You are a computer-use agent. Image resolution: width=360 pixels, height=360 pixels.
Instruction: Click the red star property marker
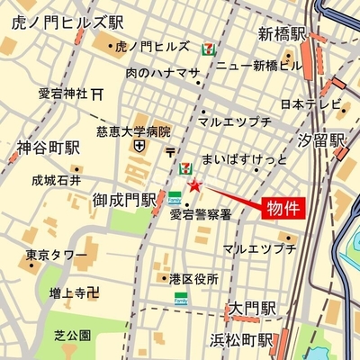tap(194, 185)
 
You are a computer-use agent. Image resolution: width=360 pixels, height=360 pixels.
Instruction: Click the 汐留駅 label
tap(322, 142)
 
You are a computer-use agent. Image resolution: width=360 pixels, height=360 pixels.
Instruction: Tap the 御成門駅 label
tap(125, 200)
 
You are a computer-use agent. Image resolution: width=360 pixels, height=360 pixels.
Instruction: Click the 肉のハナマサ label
tap(163, 73)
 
